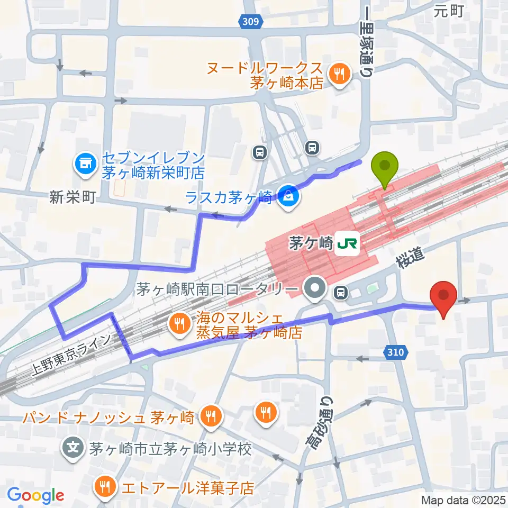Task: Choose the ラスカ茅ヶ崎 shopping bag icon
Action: tap(289, 198)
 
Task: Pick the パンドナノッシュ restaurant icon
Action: tap(212, 417)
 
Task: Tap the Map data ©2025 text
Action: tap(463, 500)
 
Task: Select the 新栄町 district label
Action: tap(72, 198)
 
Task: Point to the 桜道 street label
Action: tap(410, 258)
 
